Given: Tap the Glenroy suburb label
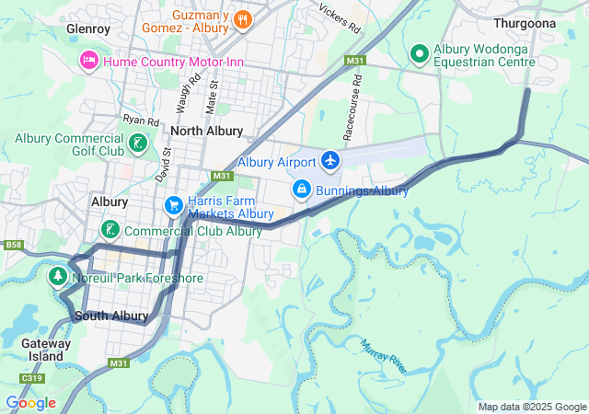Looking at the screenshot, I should click(x=88, y=29).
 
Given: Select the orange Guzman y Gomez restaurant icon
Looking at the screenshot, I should click(x=242, y=18).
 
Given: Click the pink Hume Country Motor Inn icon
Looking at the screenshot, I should click(x=89, y=61).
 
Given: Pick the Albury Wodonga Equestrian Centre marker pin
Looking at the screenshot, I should click(x=419, y=54).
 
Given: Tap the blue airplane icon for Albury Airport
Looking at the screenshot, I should click(x=330, y=162).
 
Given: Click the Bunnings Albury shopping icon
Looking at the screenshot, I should click(x=301, y=190).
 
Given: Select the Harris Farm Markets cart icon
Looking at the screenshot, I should click(x=172, y=204).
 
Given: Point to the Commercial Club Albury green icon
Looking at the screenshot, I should click(x=110, y=230).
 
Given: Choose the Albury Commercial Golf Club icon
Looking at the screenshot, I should click(x=137, y=143).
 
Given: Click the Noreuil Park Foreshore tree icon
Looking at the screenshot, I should click(x=59, y=277).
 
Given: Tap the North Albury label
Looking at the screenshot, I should click(x=206, y=131).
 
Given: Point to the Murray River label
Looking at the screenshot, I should click(x=383, y=355).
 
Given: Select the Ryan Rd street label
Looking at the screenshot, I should click(x=141, y=121).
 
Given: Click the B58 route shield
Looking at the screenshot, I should click(x=13, y=245).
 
